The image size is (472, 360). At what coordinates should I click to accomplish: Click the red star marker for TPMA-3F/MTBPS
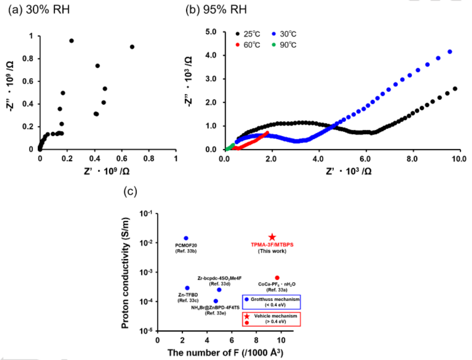[x=272, y=238]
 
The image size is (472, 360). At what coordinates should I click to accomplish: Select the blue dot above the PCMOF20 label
[x=186, y=239]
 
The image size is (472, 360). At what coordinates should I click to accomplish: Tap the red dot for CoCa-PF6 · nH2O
[x=277, y=278]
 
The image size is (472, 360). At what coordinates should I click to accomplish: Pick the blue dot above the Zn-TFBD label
[x=187, y=288]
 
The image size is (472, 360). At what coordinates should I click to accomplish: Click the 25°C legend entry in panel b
[x=248, y=34]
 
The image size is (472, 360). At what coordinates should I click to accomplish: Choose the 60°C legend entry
[x=248, y=45]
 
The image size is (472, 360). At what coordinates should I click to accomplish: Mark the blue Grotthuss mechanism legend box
[x=271, y=301]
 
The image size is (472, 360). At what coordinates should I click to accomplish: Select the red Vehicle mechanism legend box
[x=271, y=319]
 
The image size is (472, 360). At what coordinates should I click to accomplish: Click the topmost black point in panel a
[x=71, y=41]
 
